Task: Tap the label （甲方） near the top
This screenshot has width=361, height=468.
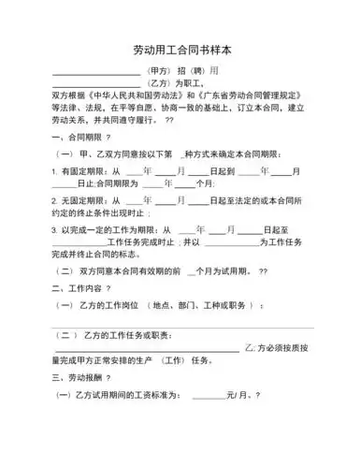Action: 162,70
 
